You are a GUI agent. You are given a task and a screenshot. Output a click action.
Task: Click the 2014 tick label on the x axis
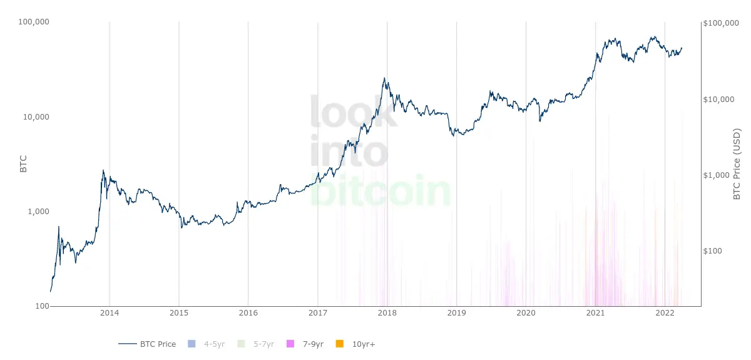click(x=110, y=312)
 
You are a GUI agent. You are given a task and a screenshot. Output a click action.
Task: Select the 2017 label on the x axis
click(x=318, y=312)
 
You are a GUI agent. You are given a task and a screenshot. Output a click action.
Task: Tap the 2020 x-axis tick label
click(x=526, y=312)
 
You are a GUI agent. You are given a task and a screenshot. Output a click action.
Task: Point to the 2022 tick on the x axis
click(x=665, y=312)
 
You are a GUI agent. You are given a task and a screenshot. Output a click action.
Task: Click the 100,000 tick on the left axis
click(x=35, y=23)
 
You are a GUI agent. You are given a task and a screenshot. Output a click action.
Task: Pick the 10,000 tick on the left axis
click(x=37, y=117)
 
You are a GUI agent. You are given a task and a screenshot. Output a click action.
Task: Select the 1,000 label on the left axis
click(x=39, y=212)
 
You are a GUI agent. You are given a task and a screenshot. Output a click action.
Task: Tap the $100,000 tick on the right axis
click(x=721, y=23)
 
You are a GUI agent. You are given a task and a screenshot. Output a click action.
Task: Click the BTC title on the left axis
click(x=24, y=164)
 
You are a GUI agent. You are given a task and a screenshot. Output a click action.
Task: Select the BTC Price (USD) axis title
click(x=737, y=164)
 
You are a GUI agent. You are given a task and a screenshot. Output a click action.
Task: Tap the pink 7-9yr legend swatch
click(x=290, y=344)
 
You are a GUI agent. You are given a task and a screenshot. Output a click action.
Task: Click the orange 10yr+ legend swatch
click(x=340, y=344)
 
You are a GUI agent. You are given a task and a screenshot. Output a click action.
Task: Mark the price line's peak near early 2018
click(x=384, y=78)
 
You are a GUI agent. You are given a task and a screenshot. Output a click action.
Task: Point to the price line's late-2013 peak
click(x=103, y=170)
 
